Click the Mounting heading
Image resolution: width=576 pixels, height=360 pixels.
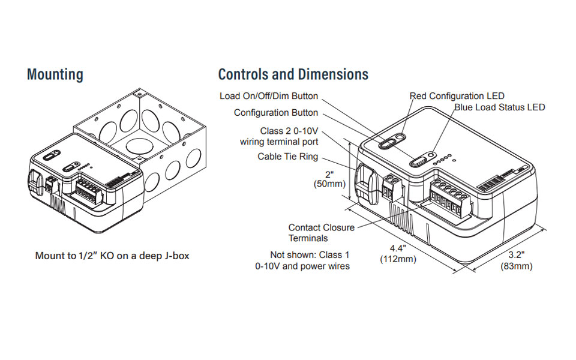55,75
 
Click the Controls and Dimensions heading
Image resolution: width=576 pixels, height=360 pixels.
293,75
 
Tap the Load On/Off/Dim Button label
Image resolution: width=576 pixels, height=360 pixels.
269,96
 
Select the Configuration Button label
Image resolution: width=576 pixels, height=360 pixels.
276,113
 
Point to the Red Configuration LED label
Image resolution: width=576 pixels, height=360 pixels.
457,96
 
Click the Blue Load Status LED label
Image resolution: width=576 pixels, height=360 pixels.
499,107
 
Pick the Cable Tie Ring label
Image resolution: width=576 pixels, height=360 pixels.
288,157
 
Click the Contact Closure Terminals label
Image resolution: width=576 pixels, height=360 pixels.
322,233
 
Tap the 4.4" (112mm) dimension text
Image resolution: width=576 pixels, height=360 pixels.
398,253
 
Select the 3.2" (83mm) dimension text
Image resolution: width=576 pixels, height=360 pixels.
516,260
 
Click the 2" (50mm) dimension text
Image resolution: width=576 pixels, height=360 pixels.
329,178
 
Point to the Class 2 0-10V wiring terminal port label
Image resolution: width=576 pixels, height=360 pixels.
279,136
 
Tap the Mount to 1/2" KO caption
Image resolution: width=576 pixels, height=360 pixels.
112,256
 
